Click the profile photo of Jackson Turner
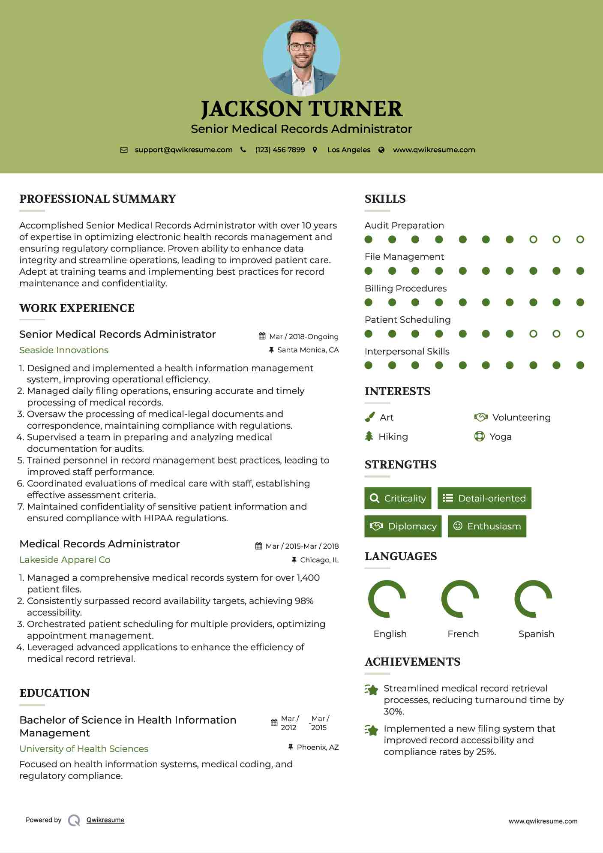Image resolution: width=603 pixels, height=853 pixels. click(x=301, y=57)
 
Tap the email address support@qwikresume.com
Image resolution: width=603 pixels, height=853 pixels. click(x=183, y=150)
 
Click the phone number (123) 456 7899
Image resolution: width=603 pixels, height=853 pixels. click(x=280, y=150)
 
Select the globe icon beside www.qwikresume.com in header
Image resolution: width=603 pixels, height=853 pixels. click(x=381, y=150)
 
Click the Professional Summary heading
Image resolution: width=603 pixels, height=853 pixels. click(x=98, y=199)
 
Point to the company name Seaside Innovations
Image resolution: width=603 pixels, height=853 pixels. click(x=64, y=350)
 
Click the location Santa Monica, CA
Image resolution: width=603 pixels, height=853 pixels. click(x=308, y=350)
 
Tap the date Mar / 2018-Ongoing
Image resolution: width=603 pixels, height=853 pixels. click(x=303, y=336)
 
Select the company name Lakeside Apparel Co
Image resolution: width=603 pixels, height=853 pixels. click(x=65, y=560)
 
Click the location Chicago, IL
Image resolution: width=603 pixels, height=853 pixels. click(x=319, y=560)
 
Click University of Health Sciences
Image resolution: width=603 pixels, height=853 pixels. click(x=84, y=749)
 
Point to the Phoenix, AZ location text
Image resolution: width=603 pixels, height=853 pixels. click(x=318, y=747)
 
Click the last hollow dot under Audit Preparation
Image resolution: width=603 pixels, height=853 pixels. click(x=580, y=240)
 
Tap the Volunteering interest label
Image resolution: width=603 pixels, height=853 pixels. click(x=521, y=417)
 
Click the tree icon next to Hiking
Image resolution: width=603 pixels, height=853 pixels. click(x=369, y=436)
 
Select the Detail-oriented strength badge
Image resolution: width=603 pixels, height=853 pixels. click(x=484, y=498)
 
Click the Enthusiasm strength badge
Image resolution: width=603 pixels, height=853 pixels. click(x=487, y=526)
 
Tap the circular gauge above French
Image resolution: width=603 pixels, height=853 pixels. click(x=460, y=599)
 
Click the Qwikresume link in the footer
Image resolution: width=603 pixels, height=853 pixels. click(x=105, y=820)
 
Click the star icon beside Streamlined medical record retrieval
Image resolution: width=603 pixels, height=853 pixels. click(x=372, y=690)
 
